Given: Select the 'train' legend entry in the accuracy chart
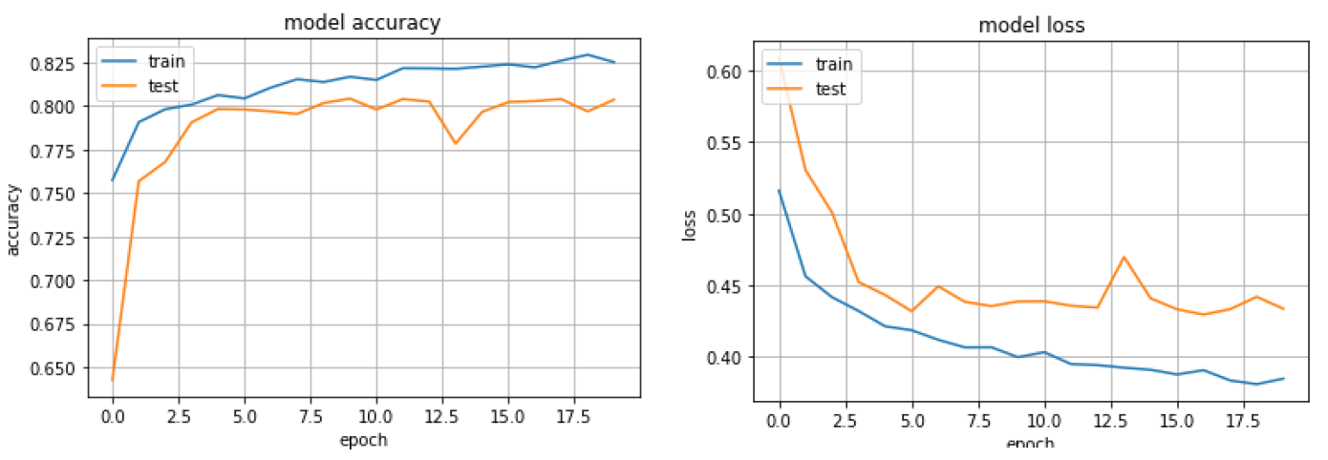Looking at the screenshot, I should pyautogui.click(x=166, y=63).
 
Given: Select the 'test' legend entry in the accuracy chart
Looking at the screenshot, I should pyautogui.click(x=162, y=86).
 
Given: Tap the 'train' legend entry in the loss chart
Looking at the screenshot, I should pyautogui.click(x=832, y=65).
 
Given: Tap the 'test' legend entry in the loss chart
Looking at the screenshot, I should pyautogui.click(x=830, y=89).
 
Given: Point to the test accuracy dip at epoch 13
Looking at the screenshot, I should pyautogui.click(x=456, y=143).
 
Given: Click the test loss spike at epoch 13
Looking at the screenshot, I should pyautogui.click(x=1125, y=257).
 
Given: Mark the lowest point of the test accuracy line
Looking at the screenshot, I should pyautogui.click(x=113, y=380).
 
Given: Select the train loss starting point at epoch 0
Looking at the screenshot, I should pyautogui.click(x=780, y=190).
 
